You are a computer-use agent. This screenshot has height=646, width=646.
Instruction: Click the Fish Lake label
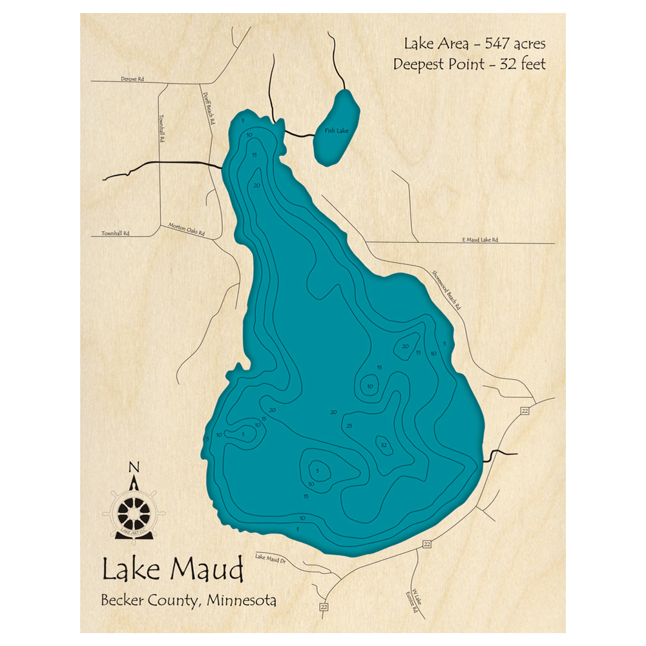tap(337, 131)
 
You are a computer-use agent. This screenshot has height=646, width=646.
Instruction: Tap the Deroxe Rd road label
tap(132, 79)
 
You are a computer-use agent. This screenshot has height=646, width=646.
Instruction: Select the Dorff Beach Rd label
tap(208, 107)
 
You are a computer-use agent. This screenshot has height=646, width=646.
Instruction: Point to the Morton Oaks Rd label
tap(186, 229)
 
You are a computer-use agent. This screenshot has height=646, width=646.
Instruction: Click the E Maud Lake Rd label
tap(480, 240)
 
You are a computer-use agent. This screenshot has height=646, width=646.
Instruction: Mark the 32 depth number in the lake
tap(384, 444)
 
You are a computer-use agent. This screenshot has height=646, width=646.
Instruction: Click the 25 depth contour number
tap(349, 426)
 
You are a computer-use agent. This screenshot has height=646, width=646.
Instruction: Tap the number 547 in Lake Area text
tap(492, 44)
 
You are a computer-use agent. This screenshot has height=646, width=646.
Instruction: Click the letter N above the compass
tap(134, 467)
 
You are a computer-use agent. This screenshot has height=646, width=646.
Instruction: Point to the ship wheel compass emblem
tap(135, 512)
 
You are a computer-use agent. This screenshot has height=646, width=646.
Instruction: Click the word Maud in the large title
tap(208, 570)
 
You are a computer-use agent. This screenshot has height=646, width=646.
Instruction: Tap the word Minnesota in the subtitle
tap(242, 600)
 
